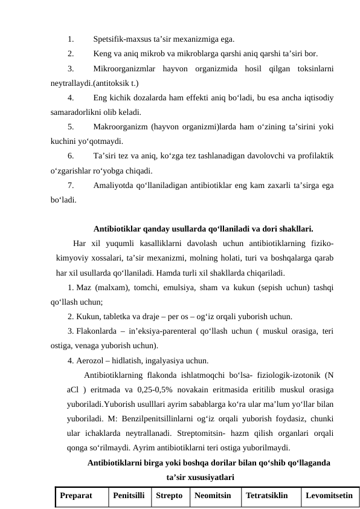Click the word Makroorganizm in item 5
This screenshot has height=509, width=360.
pos(121,128)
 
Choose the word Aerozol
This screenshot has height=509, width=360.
pos(93,361)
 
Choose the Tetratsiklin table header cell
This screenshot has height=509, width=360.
pos(268,496)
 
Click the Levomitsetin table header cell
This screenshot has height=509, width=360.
pos(329,496)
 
